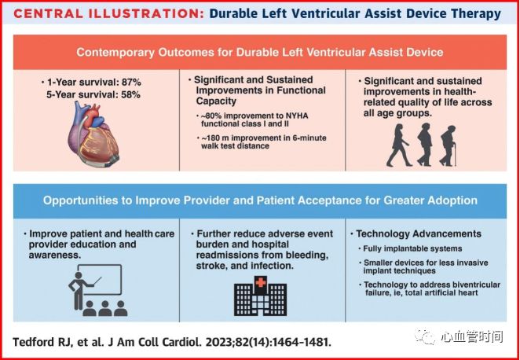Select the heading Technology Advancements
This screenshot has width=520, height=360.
click(419, 233)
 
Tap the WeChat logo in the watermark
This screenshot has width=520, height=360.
click(426, 336)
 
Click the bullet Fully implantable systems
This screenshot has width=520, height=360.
click(408, 249)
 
